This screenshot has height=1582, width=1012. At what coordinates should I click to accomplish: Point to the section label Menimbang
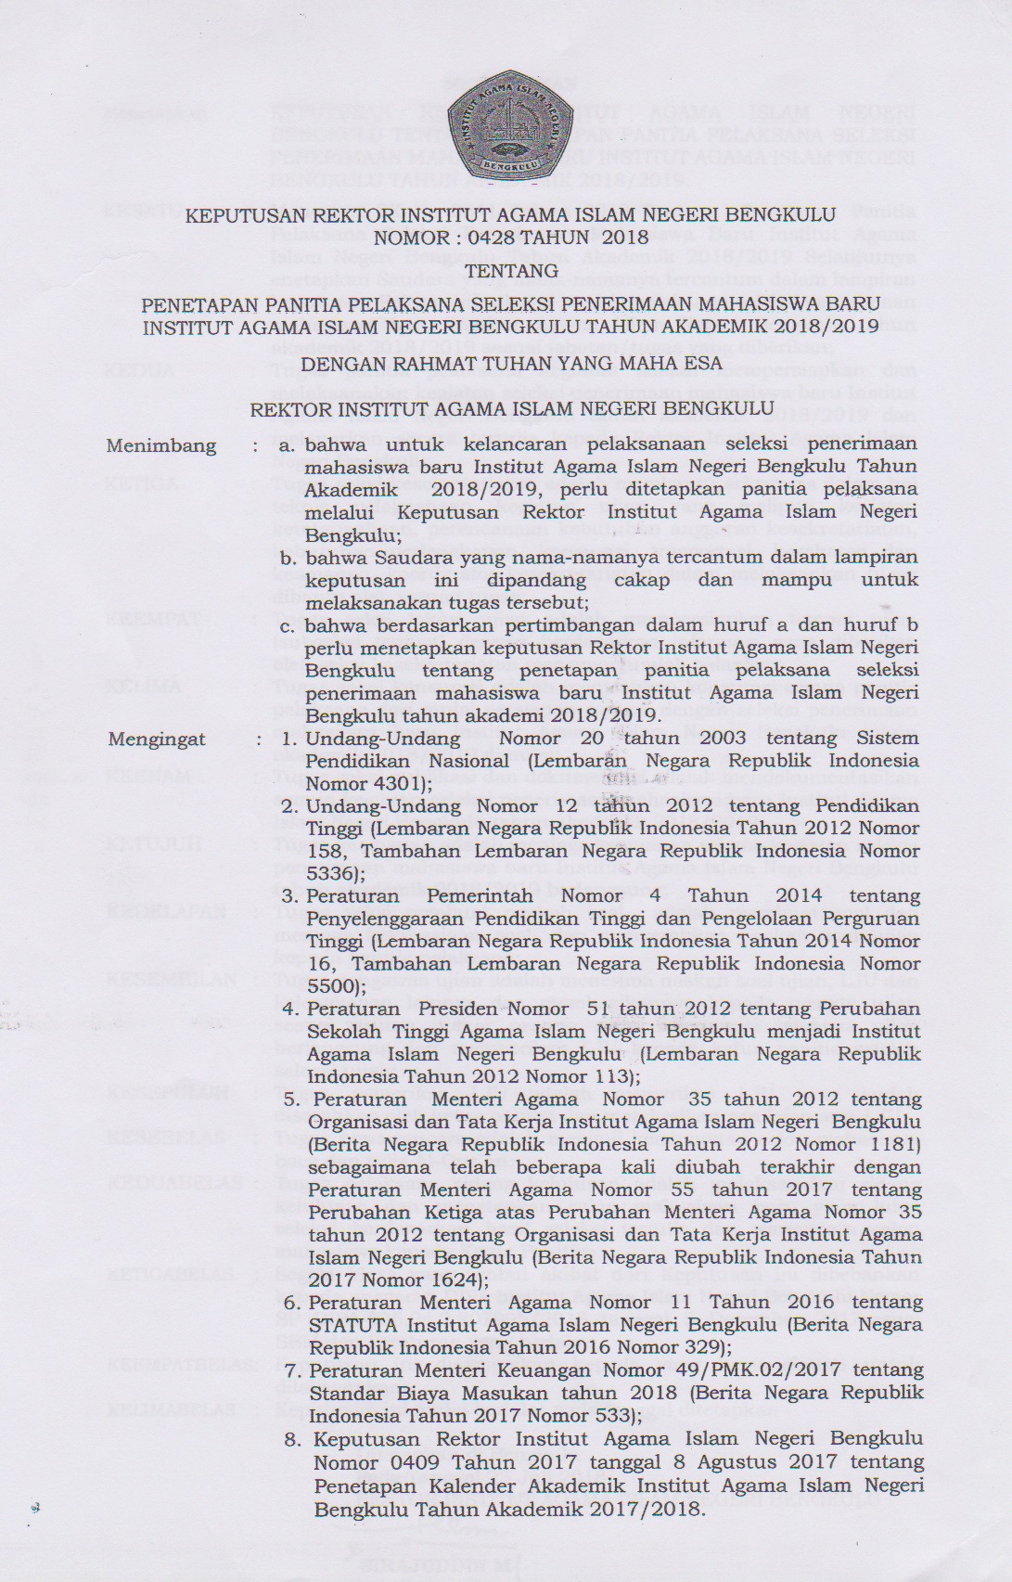tap(161, 445)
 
